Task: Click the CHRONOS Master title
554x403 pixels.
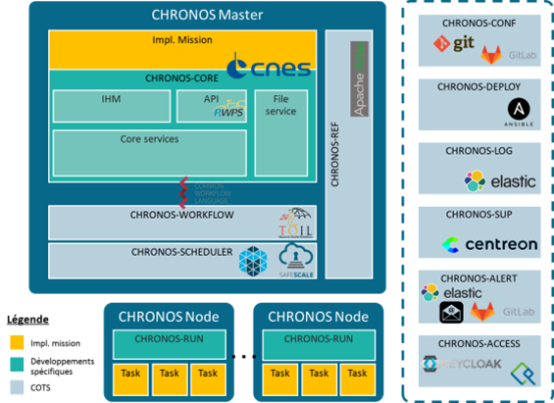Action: (207, 14)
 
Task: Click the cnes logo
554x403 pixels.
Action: (269, 68)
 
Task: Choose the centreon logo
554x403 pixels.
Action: (477, 245)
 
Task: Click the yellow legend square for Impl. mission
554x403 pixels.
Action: (17, 344)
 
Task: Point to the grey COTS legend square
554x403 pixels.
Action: (17, 387)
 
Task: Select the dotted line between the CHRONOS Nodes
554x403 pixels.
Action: (242, 354)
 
